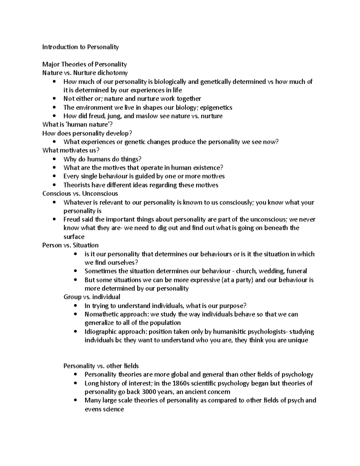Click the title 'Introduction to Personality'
tap(80, 47)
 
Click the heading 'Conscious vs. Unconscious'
tap(80, 194)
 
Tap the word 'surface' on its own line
tap(74, 237)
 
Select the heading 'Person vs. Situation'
tap(70, 245)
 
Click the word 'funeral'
tap(297, 271)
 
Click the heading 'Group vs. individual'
tap(92, 297)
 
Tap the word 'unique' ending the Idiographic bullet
tap(298, 341)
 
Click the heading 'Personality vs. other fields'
tap(101, 366)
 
